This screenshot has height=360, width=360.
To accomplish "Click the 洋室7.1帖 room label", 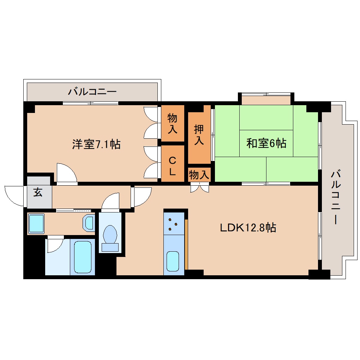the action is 96,144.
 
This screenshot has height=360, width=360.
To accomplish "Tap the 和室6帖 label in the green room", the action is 266,143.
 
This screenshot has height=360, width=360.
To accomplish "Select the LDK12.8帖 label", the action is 248,228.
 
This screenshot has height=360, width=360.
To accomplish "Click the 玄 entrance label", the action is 38,192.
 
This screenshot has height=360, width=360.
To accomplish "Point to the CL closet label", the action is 173,166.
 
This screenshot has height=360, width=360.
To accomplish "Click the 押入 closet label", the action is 199,135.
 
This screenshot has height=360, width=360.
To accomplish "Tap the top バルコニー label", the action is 92,92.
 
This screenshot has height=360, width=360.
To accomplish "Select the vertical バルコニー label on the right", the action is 336,197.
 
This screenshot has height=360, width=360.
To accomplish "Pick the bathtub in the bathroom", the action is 83,257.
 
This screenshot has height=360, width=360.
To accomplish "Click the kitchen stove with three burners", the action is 174,224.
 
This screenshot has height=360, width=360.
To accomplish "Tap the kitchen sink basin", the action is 173,261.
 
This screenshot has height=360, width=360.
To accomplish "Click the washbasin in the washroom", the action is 89,222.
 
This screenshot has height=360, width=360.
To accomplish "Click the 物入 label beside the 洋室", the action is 173,124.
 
